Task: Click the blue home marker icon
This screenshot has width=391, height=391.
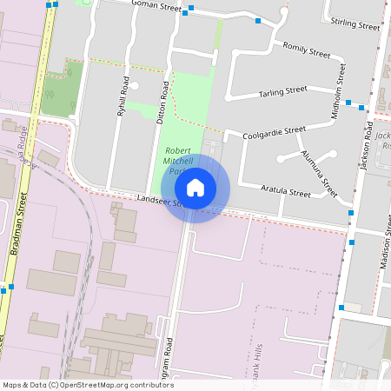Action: coord(195,188)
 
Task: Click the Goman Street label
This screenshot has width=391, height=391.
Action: coord(156,5)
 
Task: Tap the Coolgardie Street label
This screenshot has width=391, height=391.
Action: coord(274,131)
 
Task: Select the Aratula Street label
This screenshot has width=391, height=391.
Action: coord(286,191)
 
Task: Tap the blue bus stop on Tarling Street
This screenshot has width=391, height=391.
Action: coord(348,103)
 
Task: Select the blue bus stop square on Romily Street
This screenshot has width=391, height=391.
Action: coord(257,21)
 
